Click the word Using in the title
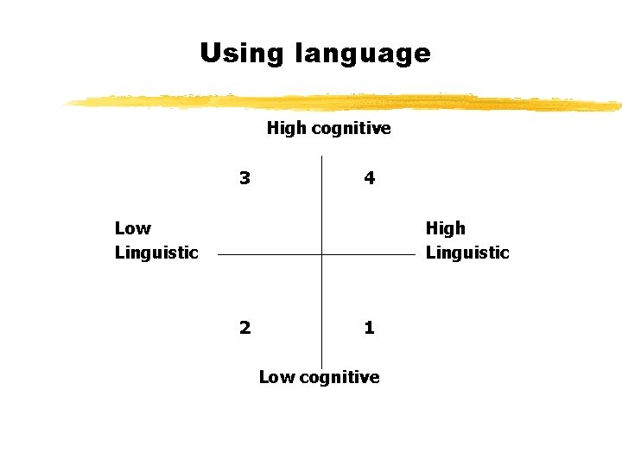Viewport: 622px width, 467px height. tap(242, 54)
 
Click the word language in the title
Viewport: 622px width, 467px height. tap(362, 54)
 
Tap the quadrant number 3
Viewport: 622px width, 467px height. tap(245, 178)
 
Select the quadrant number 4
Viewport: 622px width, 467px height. tap(369, 178)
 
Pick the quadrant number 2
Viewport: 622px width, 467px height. tap(245, 327)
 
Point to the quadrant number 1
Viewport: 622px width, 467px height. tap(369, 327)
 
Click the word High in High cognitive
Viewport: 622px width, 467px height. tap(286, 129)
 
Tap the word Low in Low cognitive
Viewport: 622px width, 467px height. tap(276, 377)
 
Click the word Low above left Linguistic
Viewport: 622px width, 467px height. tap(132, 228)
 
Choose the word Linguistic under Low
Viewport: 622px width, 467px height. tap(156, 253)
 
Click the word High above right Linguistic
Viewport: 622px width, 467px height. tap(445, 228)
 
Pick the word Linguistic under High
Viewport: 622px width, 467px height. tap(467, 253)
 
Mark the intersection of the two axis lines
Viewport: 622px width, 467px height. tap(321, 255)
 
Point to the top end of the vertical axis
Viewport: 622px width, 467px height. tap(321, 157)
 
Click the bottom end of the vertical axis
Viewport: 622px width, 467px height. tap(321, 368)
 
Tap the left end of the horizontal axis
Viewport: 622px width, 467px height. tap(219, 255)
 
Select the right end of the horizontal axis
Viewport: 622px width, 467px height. tap(415, 255)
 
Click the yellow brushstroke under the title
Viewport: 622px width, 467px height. tap(346, 102)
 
